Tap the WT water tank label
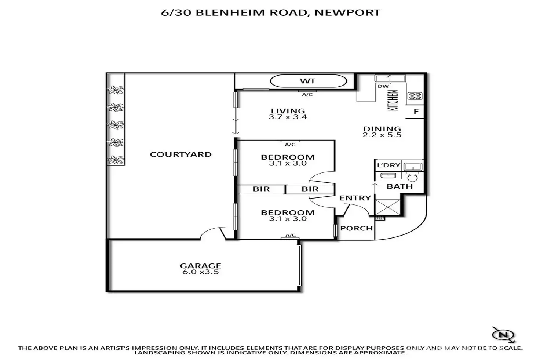[x=307, y=81]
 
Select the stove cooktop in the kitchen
[x=415, y=96]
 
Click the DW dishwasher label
[x=383, y=87]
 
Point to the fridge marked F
[x=416, y=111]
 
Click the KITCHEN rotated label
[x=393, y=100]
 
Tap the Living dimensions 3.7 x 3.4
[x=288, y=117]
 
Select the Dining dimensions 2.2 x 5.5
[x=382, y=135]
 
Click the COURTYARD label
[x=180, y=154]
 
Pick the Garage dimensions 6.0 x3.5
[x=200, y=272]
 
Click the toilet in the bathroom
[x=412, y=178]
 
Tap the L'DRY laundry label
[x=388, y=165]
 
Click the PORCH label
[x=356, y=228]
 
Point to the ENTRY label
[x=355, y=198]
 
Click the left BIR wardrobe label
[x=261, y=189]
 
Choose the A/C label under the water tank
[x=307, y=94]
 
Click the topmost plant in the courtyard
[x=116, y=89]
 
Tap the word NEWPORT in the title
[x=347, y=12]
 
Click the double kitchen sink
[x=390, y=78]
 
